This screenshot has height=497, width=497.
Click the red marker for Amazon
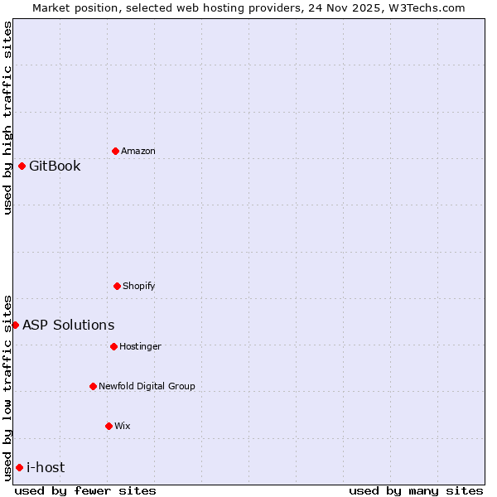pyautogui.click(x=116, y=151)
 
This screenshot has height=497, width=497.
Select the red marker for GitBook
pyautogui.click(x=22, y=166)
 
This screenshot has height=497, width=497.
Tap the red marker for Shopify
pyautogui.click(x=117, y=286)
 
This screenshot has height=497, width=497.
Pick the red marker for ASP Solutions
pyautogui.click(x=16, y=325)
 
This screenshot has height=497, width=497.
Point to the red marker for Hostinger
pyautogui.click(x=113, y=346)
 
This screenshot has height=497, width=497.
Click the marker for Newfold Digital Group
pyautogui.click(x=93, y=386)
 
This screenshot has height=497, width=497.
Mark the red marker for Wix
pyautogui.click(x=109, y=426)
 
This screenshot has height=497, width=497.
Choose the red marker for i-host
pyautogui.click(x=19, y=467)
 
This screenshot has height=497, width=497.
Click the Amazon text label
pyautogui.click(x=138, y=151)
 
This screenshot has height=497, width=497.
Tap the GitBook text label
pyautogui.click(x=55, y=166)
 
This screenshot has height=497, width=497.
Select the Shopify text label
pyautogui.click(x=139, y=286)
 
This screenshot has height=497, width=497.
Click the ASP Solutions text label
pyautogui.click(x=69, y=325)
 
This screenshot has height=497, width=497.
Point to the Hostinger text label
pyautogui.click(x=140, y=346)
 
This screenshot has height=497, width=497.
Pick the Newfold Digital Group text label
pyautogui.click(x=147, y=386)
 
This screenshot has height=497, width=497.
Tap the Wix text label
pyautogui.click(x=123, y=426)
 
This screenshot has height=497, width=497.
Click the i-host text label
pyautogui.click(x=46, y=467)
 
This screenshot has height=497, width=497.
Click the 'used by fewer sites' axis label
pyautogui.click(x=85, y=490)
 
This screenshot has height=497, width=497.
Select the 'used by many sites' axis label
pyautogui.click(x=416, y=490)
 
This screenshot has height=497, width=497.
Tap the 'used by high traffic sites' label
pyautogui.click(x=7, y=118)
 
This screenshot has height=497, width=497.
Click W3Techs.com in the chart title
pyautogui.click(x=427, y=7)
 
